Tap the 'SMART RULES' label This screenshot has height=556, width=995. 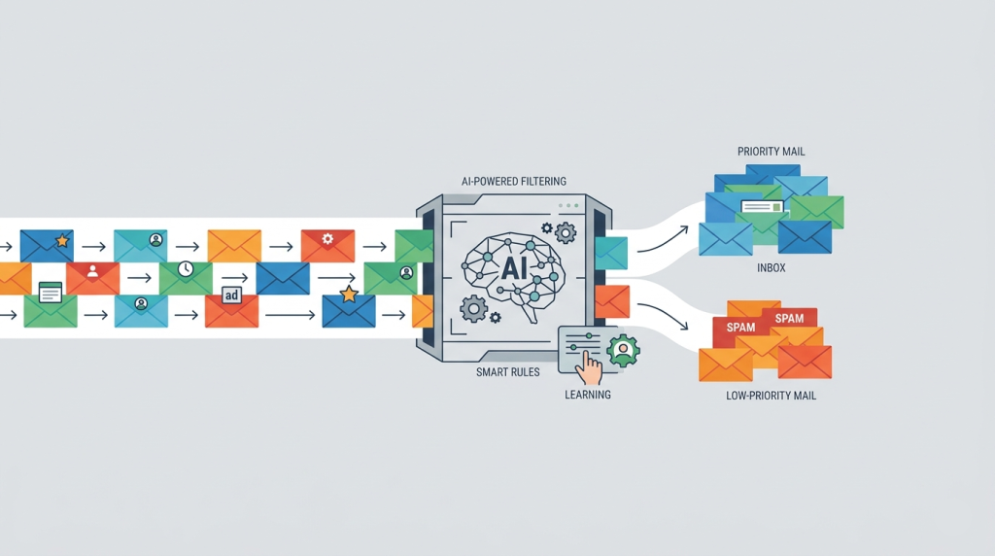[x=507, y=371]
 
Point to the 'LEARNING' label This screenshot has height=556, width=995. [x=588, y=395]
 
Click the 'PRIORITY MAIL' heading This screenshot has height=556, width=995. [x=772, y=152]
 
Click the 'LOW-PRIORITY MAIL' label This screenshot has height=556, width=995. [x=772, y=397]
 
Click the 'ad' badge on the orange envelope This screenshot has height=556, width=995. [x=231, y=296]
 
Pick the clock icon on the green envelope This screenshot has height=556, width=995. [x=186, y=269]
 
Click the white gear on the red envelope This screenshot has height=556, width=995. [x=327, y=237]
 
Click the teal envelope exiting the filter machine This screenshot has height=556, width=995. [x=611, y=252]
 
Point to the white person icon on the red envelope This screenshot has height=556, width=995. [x=92, y=271]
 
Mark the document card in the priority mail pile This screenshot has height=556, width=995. [x=761, y=206]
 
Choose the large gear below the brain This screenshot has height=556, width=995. [x=473, y=309]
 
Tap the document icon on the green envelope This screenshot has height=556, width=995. [x=50, y=290]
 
